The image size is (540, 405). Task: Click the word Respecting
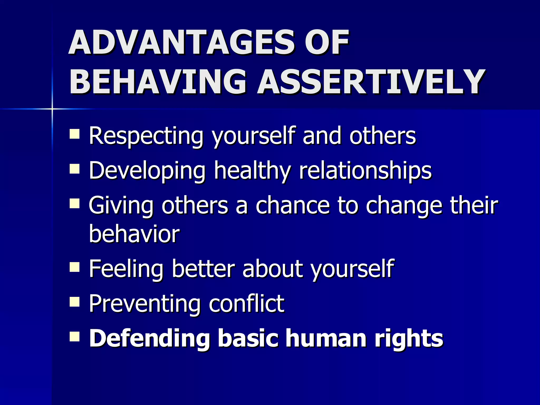[x=146, y=137]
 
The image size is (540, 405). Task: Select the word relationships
[x=365, y=171]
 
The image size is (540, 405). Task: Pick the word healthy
[x=252, y=171]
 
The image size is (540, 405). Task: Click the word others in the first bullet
[x=382, y=136]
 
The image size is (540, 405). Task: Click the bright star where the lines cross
[x=52, y=109]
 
